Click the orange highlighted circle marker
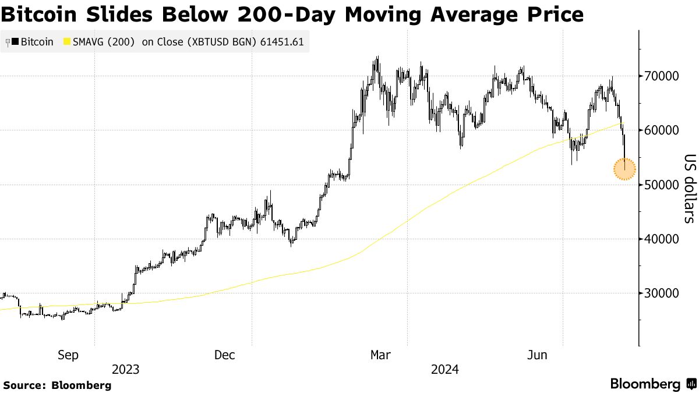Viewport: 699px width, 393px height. point(624,169)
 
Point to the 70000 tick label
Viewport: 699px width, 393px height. point(661,76)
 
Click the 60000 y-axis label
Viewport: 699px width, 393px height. point(661,130)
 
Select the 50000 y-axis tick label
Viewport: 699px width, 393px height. point(661,185)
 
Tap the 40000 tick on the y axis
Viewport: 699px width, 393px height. point(661,239)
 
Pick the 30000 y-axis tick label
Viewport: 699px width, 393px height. point(661,293)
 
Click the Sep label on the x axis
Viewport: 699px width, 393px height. point(68,355)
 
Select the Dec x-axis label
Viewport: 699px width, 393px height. point(224,355)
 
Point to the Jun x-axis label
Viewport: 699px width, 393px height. point(536,355)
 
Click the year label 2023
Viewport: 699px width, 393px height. point(125,370)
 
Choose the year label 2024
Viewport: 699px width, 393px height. point(444,370)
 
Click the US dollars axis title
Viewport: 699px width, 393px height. point(689,189)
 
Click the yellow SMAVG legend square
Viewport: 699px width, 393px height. point(66,42)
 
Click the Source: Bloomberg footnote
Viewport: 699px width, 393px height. point(57,385)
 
